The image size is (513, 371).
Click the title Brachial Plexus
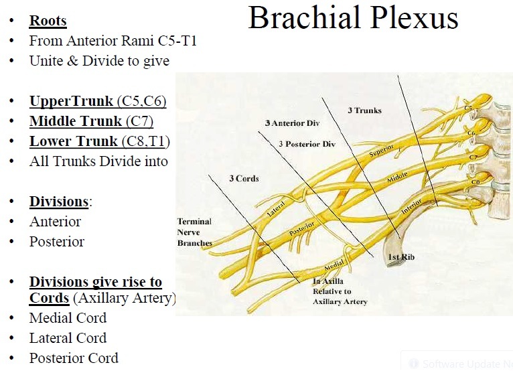pos(353,18)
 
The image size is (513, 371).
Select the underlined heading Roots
pos(48,21)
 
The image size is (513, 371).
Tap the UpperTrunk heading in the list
pos(98,102)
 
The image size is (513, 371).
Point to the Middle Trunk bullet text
pos(91,122)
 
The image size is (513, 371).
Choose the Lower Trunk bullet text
pos(99,142)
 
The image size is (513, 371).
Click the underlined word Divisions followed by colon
pos(60,202)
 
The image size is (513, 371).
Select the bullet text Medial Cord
pos(68,318)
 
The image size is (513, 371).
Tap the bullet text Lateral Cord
pos(68,338)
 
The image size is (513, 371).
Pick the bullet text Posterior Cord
pos(74,358)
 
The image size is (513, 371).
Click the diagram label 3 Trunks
pos(364,110)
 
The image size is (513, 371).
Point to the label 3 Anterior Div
pos(293,124)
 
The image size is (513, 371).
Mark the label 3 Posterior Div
pos(307,145)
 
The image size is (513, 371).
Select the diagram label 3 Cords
pos(244,179)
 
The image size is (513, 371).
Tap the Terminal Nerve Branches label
pos(194,232)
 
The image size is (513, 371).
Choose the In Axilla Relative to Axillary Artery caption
pos(340,291)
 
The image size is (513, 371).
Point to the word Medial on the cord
pos(333,267)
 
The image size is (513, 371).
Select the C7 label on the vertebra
pos(473,156)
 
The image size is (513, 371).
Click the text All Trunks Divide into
pos(98,161)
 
